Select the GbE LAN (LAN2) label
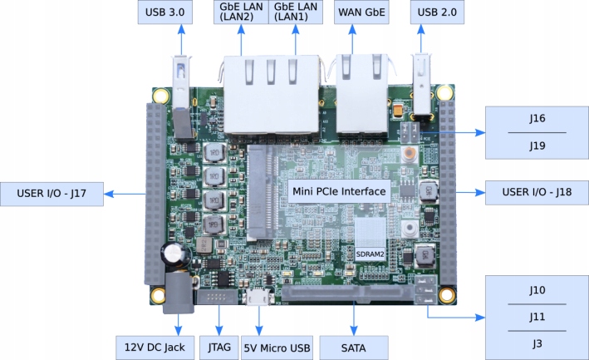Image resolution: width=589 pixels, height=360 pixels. [x=242, y=13]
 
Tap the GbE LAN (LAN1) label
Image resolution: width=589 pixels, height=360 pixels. [x=295, y=13]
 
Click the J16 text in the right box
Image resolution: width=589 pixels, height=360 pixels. [x=537, y=118]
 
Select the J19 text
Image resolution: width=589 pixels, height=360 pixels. [x=537, y=145]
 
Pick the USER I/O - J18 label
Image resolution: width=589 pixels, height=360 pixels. [x=533, y=193]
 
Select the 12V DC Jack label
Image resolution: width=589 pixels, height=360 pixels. [x=155, y=345]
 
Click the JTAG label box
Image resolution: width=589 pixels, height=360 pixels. [x=218, y=345]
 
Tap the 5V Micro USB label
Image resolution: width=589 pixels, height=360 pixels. [x=277, y=345]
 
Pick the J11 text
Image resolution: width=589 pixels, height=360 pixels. [x=537, y=317]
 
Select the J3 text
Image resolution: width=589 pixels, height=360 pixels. [x=537, y=343]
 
